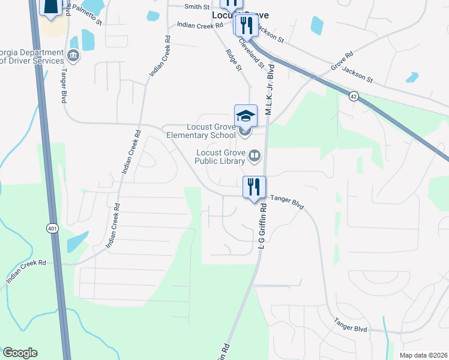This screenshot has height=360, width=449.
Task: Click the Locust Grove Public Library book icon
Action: point(255,157)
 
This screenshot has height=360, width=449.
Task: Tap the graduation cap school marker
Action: point(246,116)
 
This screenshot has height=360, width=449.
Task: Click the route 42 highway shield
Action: point(354,96)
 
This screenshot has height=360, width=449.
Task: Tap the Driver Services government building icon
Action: point(73,56)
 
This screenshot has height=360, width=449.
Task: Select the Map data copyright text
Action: point(423,355)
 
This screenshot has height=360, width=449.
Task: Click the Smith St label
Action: point(196,7)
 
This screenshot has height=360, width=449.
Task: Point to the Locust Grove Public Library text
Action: point(221,157)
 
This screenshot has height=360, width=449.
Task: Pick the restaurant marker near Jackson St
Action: point(245,26)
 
